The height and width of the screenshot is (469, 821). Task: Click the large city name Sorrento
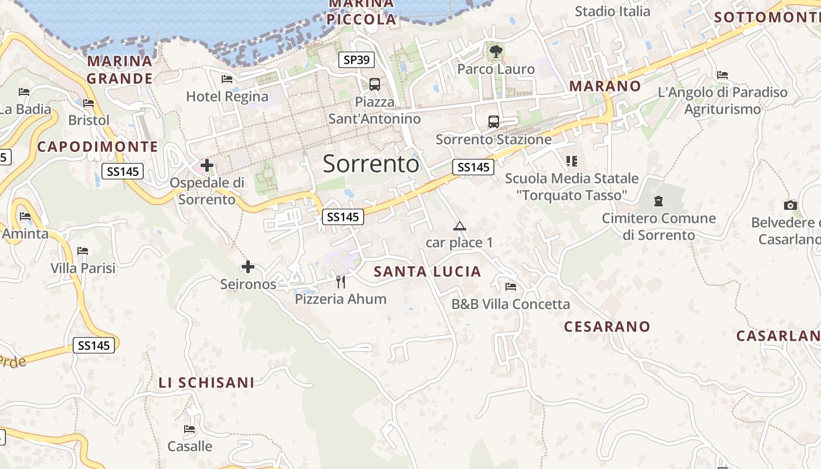click(x=371, y=164)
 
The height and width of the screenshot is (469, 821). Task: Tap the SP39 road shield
click(x=357, y=60)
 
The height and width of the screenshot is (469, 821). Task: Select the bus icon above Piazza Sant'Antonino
click(x=375, y=84)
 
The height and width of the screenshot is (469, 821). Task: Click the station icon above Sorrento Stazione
click(x=494, y=122)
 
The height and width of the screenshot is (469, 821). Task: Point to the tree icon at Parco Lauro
click(x=496, y=52)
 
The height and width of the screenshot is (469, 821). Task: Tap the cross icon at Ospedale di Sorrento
click(x=207, y=165)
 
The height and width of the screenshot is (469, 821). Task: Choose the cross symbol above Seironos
click(x=248, y=267)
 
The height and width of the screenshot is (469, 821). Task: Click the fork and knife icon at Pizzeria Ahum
click(x=341, y=281)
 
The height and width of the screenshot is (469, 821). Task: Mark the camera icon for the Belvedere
click(x=791, y=205)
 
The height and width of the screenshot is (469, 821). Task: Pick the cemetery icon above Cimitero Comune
click(x=659, y=201)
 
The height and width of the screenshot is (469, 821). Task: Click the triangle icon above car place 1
click(x=460, y=226)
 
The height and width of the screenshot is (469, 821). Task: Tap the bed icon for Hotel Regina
click(x=227, y=79)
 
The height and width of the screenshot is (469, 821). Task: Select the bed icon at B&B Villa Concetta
click(x=511, y=287)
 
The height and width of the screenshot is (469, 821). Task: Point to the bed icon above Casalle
click(x=189, y=429)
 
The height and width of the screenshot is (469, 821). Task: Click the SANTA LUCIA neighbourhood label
click(x=428, y=271)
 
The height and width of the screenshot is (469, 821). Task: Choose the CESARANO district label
click(x=607, y=327)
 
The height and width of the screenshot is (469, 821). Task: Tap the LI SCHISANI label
click(x=206, y=383)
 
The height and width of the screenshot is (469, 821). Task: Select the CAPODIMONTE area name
click(x=98, y=147)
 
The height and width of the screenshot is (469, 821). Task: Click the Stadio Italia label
click(x=612, y=11)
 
